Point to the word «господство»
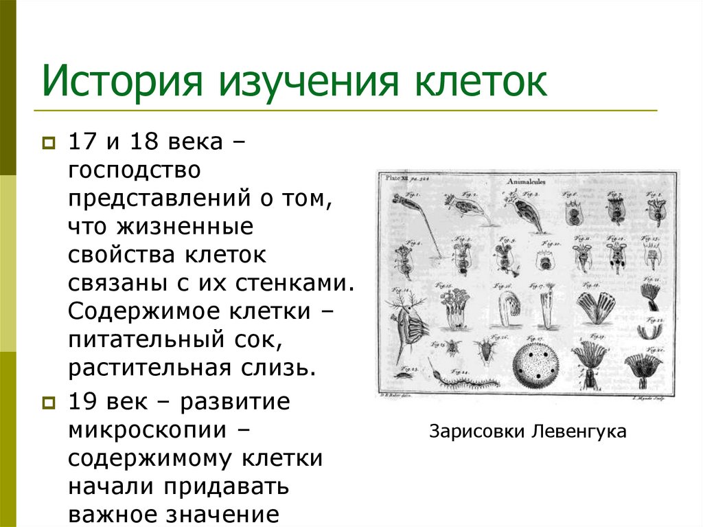[x=133, y=169]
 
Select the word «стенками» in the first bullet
[x=303, y=283]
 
